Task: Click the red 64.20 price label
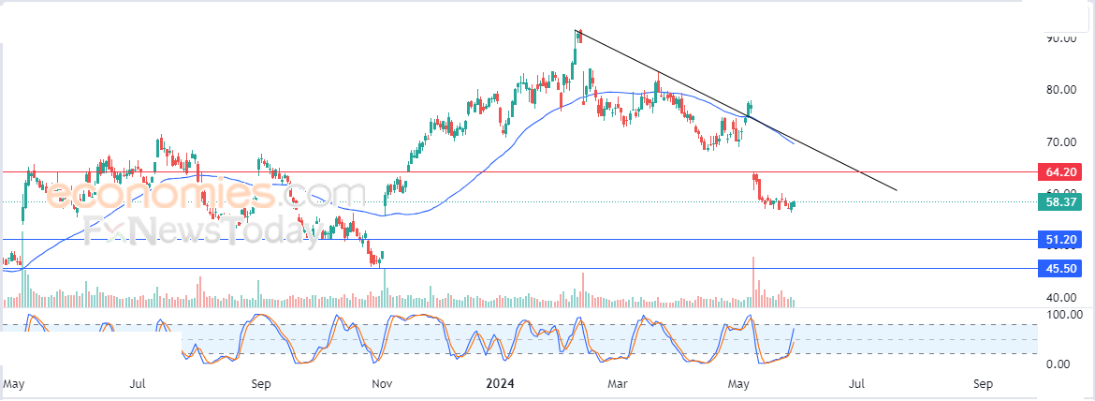click(x=1060, y=172)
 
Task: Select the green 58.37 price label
click(x=1060, y=201)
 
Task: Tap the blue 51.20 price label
click(x=1060, y=240)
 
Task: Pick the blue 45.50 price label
click(x=1060, y=269)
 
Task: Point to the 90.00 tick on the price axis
click(x=1060, y=38)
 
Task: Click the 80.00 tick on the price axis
click(x=1060, y=90)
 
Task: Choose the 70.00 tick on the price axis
click(x=1060, y=141)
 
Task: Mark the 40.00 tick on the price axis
click(x=1060, y=297)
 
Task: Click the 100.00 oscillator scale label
click(x=1064, y=315)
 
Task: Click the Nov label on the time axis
click(x=380, y=383)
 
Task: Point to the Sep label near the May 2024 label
click(x=982, y=383)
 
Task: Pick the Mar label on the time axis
click(x=616, y=383)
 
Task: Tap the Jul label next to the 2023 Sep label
click(x=137, y=383)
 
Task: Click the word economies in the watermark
click(x=159, y=194)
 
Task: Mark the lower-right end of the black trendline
click(x=897, y=190)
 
